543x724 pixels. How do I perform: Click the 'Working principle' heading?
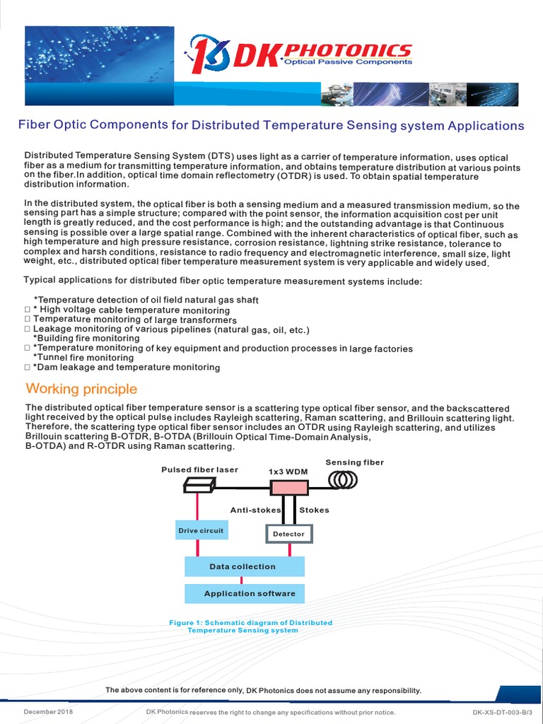tap(81, 390)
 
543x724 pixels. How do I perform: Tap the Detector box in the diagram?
tap(288, 534)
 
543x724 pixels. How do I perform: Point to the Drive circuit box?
tap(200, 530)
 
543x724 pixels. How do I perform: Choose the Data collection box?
tap(244, 566)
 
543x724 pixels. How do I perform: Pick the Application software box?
tap(244, 593)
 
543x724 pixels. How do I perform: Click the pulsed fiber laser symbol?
tap(198, 485)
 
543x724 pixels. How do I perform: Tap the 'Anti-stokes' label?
tap(255, 510)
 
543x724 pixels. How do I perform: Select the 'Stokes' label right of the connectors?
tap(314, 510)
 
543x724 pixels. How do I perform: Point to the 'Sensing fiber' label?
tap(354, 462)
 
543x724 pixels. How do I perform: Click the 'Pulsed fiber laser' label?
tap(199, 469)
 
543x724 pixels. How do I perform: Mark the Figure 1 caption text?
tap(250, 626)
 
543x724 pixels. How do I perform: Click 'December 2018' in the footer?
tap(49, 712)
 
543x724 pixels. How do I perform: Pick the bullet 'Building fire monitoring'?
tap(86, 338)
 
